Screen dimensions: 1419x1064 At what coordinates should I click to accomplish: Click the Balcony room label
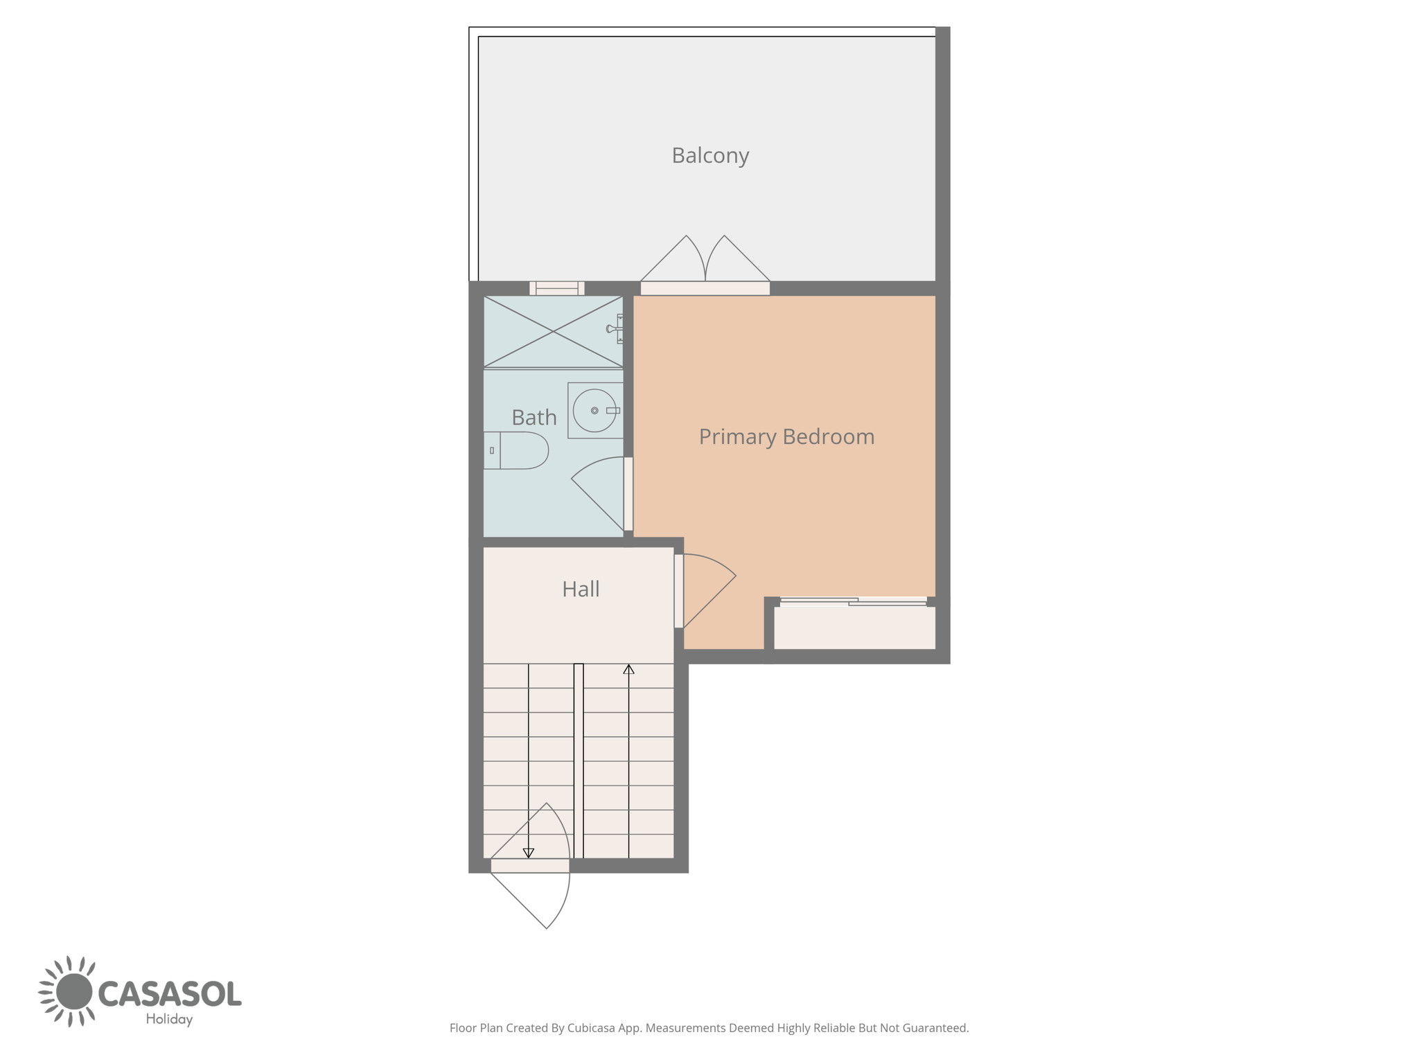pos(710,156)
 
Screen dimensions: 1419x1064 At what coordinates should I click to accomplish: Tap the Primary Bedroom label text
pos(786,437)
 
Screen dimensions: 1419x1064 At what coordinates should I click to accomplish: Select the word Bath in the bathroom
pos(534,418)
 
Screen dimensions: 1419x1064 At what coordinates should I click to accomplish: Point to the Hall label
pos(581,589)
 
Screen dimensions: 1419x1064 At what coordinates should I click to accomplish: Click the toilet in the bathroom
pos(516,450)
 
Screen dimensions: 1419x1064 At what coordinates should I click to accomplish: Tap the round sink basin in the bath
pos(594,411)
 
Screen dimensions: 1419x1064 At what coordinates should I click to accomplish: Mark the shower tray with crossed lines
pos(553,332)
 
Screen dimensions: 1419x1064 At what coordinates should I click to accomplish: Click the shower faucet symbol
pos(615,329)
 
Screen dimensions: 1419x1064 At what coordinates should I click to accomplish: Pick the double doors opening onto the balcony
pos(705,265)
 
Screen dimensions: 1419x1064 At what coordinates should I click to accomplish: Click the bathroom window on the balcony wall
pos(557,288)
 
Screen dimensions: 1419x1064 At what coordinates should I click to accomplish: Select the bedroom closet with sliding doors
pos(854,625)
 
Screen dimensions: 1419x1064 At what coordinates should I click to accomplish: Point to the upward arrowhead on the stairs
pos(628,669)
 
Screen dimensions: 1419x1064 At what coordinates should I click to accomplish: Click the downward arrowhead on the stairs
pos(529,853)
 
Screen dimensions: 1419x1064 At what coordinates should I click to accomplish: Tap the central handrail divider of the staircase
pos(579,761)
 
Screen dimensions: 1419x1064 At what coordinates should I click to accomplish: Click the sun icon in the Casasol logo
pos(67,991)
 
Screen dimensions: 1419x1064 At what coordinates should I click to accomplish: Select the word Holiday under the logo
pos(169,1020)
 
